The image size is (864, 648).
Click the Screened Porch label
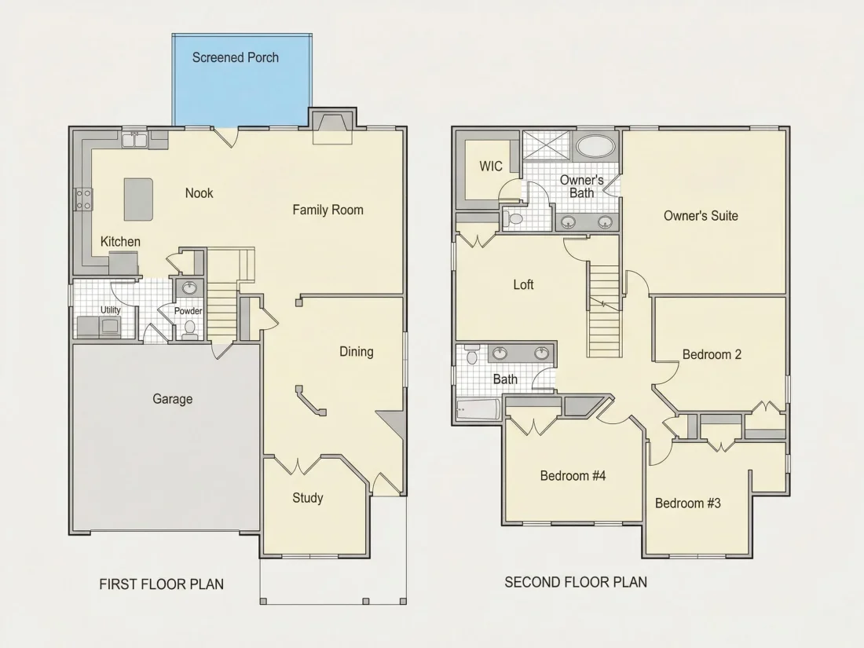236,57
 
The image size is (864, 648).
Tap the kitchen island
138,199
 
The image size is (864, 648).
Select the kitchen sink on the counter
134,140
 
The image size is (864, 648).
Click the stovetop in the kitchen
83,199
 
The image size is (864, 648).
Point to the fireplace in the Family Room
332,126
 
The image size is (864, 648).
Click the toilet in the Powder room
190,328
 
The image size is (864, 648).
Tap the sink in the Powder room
189,287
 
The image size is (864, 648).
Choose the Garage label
173,399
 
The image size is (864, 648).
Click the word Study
307,498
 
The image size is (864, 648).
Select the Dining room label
356,352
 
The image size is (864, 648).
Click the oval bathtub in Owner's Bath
595,147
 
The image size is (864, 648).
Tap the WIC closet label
490,166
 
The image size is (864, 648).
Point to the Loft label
523,284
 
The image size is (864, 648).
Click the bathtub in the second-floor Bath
478,409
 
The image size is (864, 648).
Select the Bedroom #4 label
573,475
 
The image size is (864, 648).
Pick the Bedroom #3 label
688,503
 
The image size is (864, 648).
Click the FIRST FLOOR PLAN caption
162,584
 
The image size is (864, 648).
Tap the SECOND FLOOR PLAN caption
576,582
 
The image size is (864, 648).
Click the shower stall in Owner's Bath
547,146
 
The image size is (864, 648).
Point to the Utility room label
110,309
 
